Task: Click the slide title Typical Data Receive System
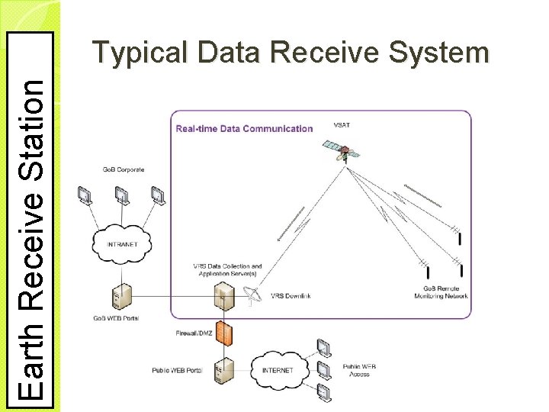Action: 290,53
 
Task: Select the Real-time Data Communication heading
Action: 244,128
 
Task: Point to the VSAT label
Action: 342,125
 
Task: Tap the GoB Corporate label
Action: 123,169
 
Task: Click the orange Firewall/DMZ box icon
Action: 223,332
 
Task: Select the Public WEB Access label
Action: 359,371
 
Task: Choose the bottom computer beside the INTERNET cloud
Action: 326,393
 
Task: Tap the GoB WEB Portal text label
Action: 115,317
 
